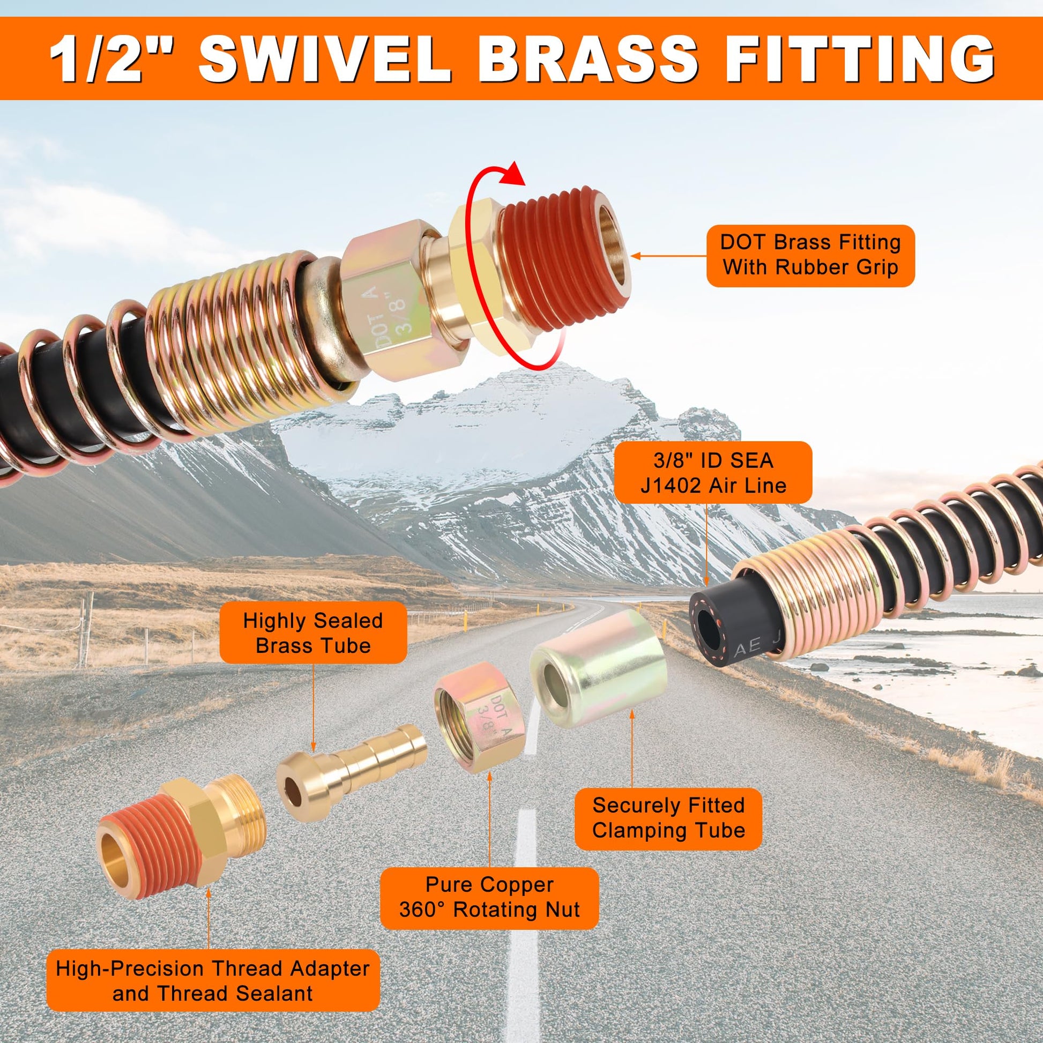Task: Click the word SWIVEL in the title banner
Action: [x=324, y=59]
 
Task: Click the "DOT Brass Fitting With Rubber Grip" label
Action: [x=810, y=255]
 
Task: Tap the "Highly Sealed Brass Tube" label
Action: [x=312, y=632]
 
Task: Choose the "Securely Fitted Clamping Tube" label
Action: [x=668, y=819]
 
